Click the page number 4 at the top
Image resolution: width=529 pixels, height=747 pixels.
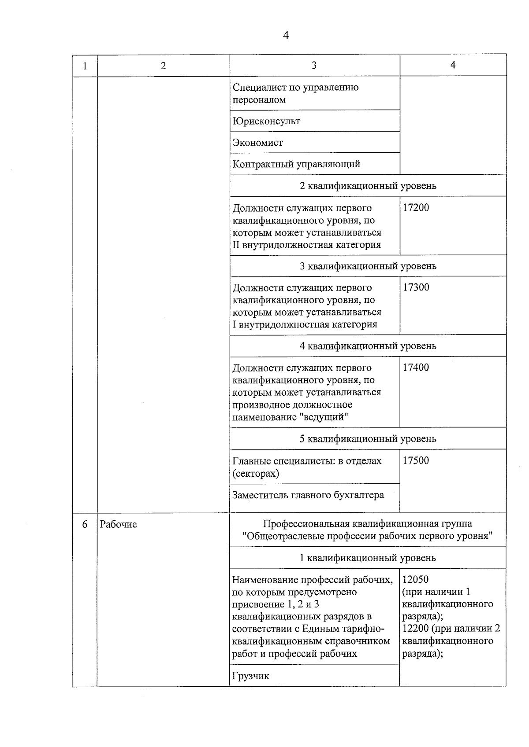coord(286,36)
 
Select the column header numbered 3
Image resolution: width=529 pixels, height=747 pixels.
coord(314,66)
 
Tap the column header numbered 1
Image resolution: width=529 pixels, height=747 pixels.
coord(85,66)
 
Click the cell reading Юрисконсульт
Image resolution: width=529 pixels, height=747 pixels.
coord(266,121)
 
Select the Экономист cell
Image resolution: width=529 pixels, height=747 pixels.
coord(258,143)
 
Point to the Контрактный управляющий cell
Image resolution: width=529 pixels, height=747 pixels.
coord(296,164)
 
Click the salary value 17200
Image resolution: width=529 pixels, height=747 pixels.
coord(416,208)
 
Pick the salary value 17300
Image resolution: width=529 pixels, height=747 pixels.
coord(416,287)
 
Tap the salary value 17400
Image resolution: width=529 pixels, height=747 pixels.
coord(416,368)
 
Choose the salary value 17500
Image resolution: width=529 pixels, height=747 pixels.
coord(416,461)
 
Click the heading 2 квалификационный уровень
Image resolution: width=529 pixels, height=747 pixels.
coord(368,186)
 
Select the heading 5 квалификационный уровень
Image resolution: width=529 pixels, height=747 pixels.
coord(368,439)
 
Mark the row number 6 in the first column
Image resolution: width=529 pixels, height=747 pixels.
coord(85,524)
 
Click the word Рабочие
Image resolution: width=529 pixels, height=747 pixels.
coord(119,524)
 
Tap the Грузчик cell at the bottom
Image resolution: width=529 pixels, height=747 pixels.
coord(250,676)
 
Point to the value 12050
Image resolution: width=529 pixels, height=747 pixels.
coord(415,580)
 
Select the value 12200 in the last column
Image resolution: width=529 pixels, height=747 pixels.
coord(415,629)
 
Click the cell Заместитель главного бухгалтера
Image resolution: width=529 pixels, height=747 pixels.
coord(308,495)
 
